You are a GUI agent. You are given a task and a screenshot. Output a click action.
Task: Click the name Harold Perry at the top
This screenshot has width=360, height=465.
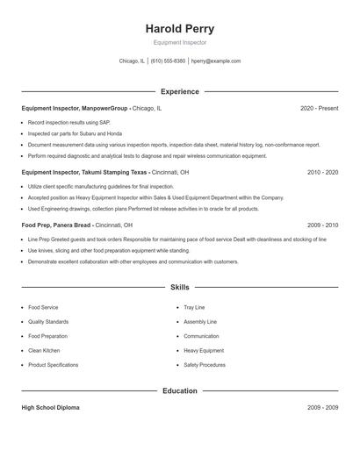click(179, 29)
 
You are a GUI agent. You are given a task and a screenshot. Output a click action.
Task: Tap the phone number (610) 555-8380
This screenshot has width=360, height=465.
click(168, 61)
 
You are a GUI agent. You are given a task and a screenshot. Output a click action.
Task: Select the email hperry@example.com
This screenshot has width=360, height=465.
click(216, 61)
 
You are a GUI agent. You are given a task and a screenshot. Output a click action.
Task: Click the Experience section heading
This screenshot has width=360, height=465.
click(179, 91)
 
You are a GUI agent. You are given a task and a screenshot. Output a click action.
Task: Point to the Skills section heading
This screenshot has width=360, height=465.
click(179, 287)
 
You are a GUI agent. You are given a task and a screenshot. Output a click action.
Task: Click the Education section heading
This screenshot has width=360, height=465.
click(179, 390)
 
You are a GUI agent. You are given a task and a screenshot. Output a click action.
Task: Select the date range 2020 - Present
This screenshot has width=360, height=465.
click(319, 108)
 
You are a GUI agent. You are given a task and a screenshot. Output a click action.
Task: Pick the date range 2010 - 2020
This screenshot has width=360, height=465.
click(322, 173)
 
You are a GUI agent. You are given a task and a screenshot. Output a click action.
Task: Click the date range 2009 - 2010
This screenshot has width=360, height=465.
click(322, 225)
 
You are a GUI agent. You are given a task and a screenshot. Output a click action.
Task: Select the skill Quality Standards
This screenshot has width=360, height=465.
click(48, 322)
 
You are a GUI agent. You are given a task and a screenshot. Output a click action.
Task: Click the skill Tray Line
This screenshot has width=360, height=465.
click(194, 308)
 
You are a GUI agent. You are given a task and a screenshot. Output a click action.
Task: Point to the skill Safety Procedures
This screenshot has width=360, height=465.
click(205, 365)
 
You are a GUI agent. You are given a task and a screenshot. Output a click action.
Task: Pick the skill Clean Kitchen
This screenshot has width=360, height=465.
click(44, 351)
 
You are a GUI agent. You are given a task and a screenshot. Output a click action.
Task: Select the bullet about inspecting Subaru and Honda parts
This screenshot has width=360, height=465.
click(75, 133)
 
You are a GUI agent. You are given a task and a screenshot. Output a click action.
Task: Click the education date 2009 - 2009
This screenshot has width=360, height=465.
click(322, 408)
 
